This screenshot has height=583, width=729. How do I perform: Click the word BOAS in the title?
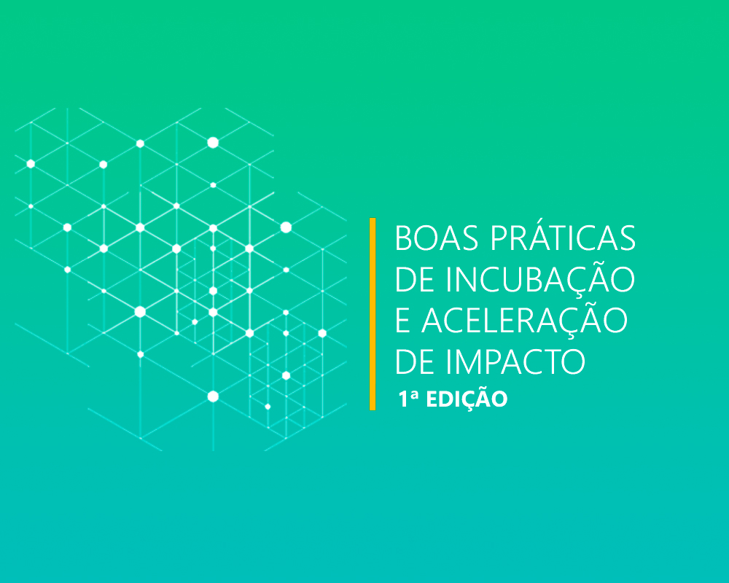point(437,238)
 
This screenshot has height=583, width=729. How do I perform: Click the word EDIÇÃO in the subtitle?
point(467,399)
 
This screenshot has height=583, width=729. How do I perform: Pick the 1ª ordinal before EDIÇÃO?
point(409,399)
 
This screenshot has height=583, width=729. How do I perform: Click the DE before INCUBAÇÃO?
point(417,281)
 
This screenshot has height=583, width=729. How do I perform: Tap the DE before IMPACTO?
point(417,362)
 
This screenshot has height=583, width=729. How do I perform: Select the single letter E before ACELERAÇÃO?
point(402,321)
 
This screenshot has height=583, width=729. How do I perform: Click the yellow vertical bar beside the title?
point(373,314)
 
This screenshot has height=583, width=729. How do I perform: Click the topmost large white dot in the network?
point(213,143)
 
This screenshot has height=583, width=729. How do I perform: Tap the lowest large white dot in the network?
point(213,396)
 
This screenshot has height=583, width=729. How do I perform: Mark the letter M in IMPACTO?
point(470,362)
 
